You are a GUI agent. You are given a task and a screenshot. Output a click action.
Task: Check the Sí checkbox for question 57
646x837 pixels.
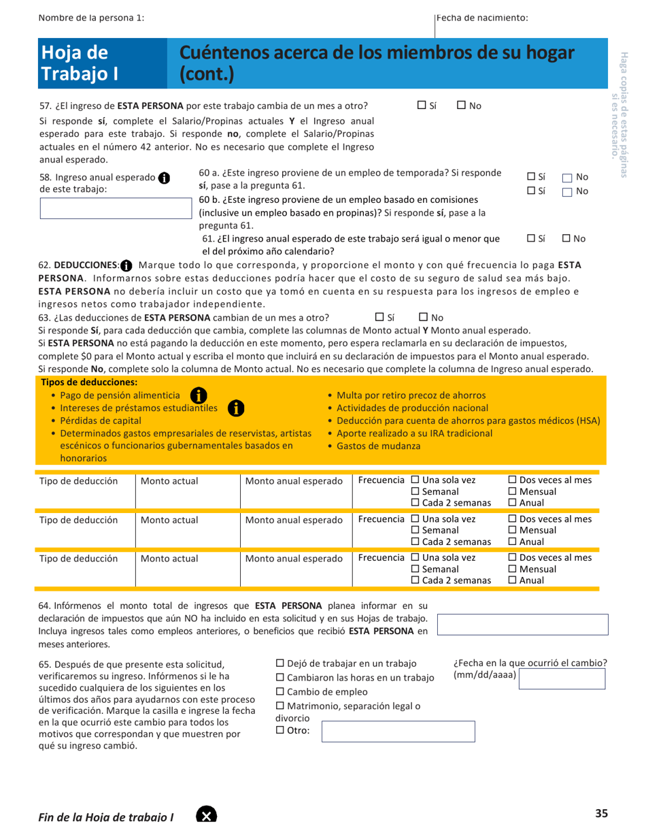422,105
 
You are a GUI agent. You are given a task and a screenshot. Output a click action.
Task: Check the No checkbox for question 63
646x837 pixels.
423,317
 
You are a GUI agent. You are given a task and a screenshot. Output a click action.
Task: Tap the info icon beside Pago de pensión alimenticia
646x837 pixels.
198,395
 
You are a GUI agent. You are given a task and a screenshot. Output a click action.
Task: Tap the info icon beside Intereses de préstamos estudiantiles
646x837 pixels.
235,408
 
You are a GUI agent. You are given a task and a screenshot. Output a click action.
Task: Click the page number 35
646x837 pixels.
601,813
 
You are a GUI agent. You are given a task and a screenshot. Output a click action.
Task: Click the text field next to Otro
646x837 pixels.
397,732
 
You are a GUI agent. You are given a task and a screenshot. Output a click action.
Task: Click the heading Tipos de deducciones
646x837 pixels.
89,382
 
